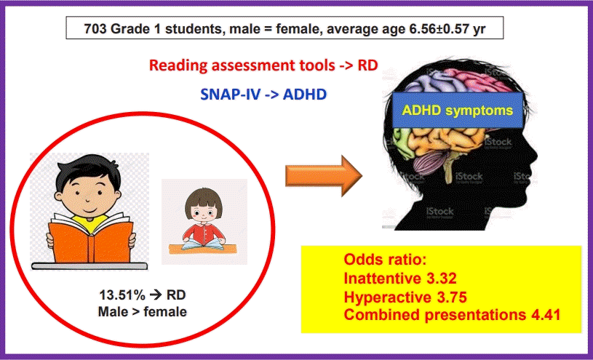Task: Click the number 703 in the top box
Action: [85, 30]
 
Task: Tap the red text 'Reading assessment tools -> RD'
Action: [263, 65]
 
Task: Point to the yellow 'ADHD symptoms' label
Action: [458, 111]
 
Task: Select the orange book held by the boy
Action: [90, 237]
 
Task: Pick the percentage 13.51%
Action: [123, 296]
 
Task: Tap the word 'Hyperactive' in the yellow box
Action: [385, 297]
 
